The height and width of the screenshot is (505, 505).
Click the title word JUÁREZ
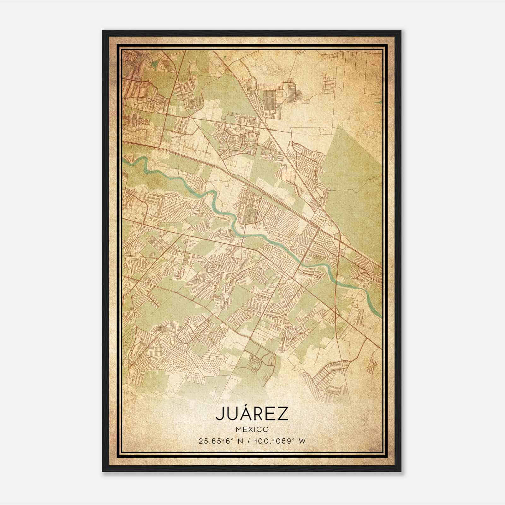252,414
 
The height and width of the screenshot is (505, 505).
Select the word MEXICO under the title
252,429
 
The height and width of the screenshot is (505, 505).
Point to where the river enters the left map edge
124,160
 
